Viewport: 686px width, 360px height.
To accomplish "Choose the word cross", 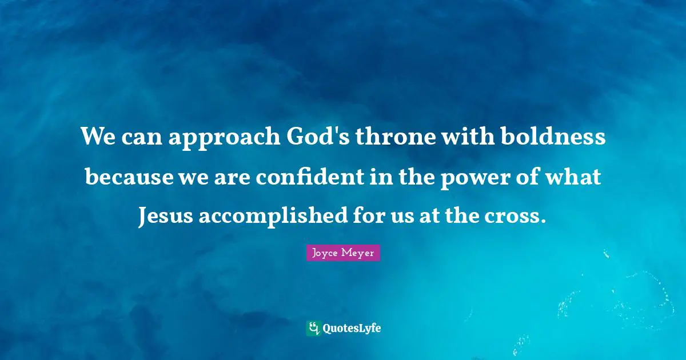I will (x=517, y=217).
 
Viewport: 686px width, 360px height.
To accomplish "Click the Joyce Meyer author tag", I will (x=343, y=253).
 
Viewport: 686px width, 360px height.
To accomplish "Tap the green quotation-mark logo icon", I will (x=313, y=328).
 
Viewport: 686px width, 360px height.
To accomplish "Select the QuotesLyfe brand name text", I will (x=352, y=329).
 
